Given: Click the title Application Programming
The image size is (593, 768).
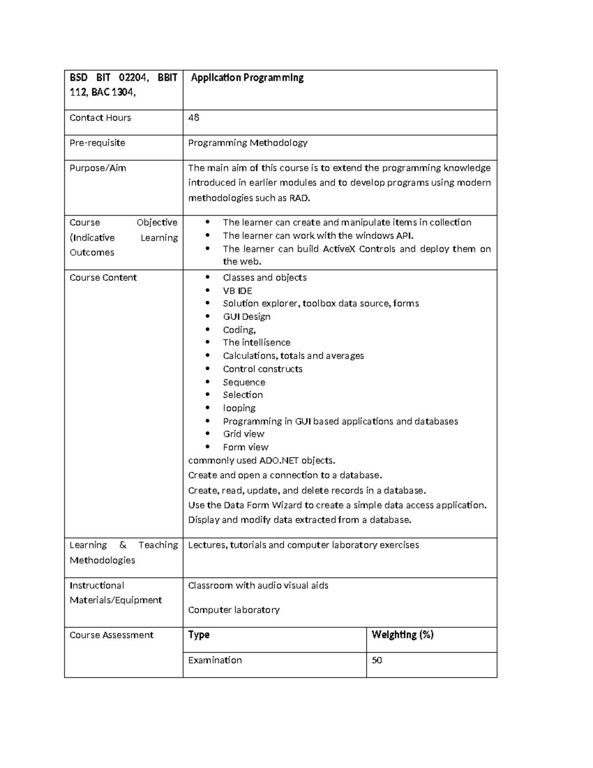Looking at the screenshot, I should pos(247,78).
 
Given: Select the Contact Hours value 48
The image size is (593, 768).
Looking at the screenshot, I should pos(194,118).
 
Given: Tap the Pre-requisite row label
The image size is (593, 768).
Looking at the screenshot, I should pos(97,143).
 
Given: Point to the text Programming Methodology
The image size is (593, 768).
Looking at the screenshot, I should pos(248,143).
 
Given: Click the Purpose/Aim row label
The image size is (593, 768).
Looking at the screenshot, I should pos(98,168).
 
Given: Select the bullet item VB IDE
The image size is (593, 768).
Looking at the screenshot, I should pos(237,291).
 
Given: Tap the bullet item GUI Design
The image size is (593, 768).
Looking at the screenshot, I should pos(247,316).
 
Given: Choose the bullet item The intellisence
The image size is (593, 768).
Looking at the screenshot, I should pos(256,342).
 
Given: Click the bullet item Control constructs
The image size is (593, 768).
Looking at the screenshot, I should pos(262,369).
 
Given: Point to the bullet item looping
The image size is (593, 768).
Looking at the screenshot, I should pos(239,408).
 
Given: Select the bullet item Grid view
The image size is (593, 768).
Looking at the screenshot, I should pos(244,434).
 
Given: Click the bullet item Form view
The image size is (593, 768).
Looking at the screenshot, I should pos(246,447).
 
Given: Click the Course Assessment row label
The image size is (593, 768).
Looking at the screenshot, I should pos(112,635).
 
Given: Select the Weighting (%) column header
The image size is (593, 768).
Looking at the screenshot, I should pos(402,635).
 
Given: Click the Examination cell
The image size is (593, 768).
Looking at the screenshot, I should pos(215,660).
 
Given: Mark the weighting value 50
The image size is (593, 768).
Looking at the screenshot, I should pos(377,660).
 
